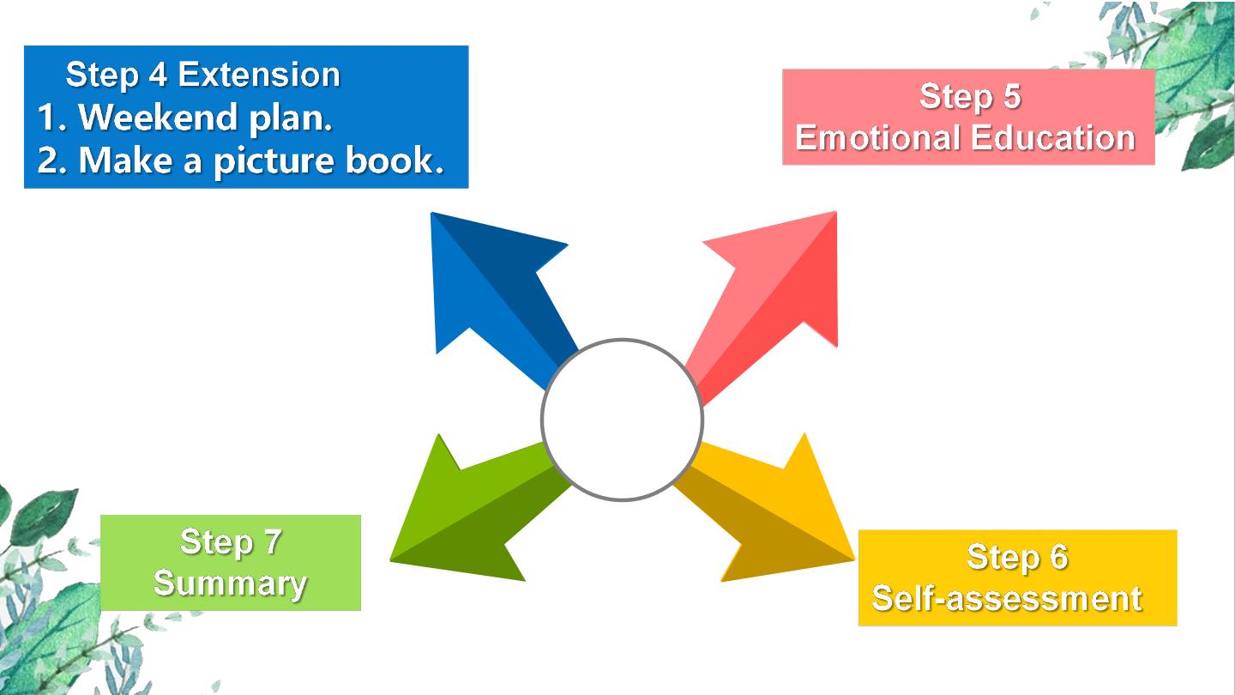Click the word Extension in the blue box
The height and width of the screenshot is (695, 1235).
(259, 75)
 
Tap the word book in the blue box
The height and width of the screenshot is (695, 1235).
(395, 160)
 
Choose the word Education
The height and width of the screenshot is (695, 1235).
(1053, 137)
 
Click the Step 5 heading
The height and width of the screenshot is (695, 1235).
(970, 96)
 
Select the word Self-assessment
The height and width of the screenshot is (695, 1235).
(1007, 599)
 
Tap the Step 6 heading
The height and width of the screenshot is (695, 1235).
(1018, 557)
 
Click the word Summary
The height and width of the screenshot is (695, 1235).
(230, 584)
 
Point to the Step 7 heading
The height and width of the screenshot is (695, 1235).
(231, 542)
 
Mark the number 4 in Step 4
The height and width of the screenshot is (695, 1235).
(158, 75)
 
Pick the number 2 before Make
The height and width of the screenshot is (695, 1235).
(47, 160)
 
